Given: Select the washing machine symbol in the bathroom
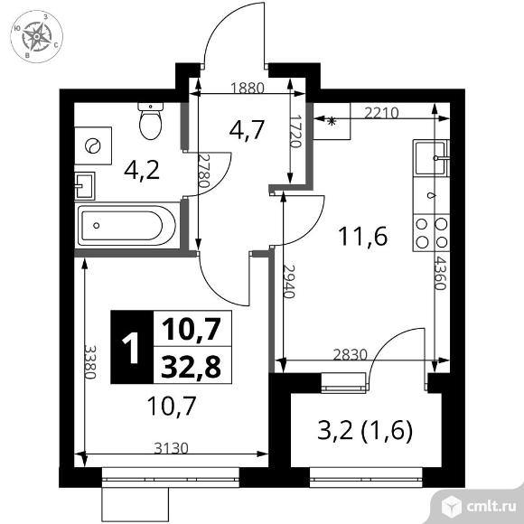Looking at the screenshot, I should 94,145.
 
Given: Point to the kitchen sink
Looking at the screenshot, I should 429,159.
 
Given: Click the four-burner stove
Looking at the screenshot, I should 430,231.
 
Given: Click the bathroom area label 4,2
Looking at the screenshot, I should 143,169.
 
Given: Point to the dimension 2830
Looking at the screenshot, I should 350,354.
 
